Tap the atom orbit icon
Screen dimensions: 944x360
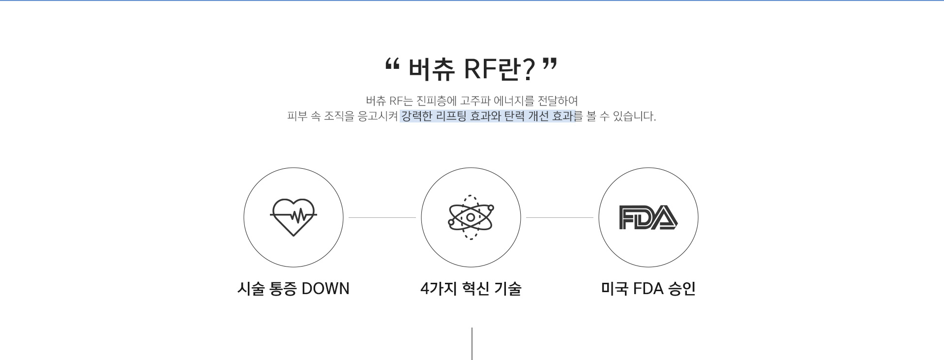[x=471, y=217]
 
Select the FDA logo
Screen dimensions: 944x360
[x=649, y=217]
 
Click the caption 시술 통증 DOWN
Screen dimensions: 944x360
[x=294, y=289]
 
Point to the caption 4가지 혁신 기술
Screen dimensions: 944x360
[x=471, y=289]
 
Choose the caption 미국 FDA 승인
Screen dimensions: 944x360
[x=649, y=289]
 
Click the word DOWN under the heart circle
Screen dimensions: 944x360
[x=325, y=289]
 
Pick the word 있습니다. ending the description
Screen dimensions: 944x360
[x=635, y=117]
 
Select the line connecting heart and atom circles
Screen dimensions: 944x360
[x=382, y=217]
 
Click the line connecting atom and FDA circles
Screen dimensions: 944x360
[x=560, y=217]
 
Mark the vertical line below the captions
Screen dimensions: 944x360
[x=472, y=344]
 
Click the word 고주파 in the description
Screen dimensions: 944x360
[x=475, y=101]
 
